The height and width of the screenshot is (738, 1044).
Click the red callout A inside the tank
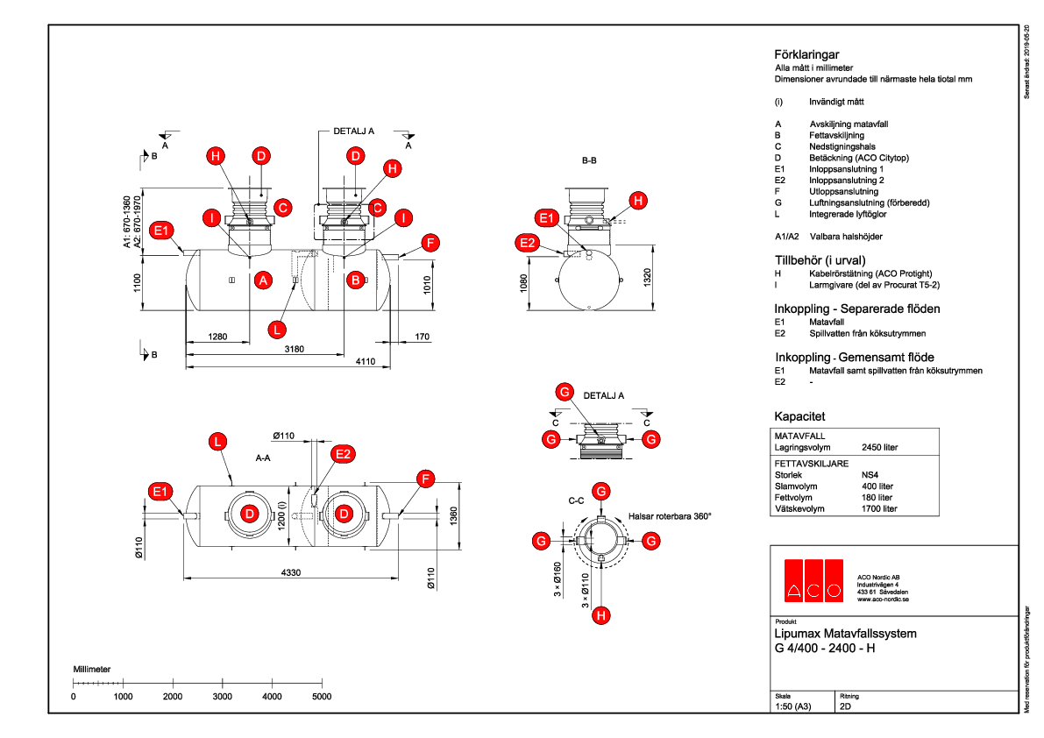coord(262,280)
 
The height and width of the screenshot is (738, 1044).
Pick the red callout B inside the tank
coord(355,280)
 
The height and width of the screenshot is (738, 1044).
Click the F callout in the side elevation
coord(428,243)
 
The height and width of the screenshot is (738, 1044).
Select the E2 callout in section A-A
coord(344,453)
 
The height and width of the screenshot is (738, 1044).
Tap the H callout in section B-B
coord(638,201)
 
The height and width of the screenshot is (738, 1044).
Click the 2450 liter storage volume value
coord(879,447)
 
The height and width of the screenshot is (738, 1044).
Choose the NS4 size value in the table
coord(871,474)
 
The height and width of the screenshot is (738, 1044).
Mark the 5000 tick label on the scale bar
coord(322,696)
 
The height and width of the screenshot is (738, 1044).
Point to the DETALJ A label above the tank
coord(353,131)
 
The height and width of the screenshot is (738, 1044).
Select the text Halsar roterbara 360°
coord(670,516)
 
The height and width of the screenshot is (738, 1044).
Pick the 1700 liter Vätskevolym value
coord(879,508)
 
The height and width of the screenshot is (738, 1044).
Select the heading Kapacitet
coord(799,415)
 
